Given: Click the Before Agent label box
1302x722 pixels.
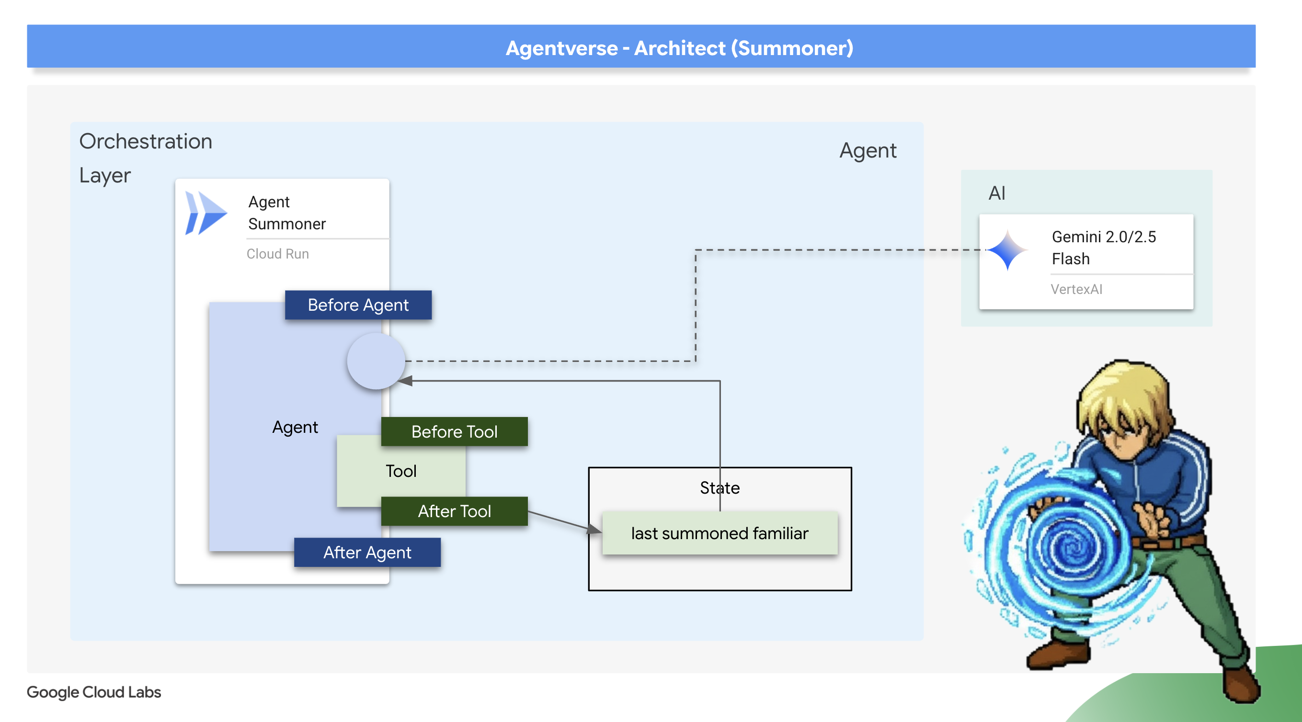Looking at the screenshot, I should (358, 305).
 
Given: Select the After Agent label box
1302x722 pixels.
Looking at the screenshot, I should (367, 552).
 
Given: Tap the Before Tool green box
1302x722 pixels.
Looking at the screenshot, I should (454, 431).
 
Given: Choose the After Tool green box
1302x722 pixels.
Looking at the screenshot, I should (454, 511).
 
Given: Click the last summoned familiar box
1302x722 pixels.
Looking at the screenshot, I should (719, 533).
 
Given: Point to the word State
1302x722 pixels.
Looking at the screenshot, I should (719, 487).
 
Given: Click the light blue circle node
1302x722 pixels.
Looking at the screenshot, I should (376, 361).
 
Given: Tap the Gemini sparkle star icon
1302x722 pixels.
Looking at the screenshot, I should (1007, 249).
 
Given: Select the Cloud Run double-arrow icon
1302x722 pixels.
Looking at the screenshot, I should (205, 213).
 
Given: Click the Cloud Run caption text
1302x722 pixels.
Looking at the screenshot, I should (277, 254).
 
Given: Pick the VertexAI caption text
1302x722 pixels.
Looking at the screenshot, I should (1076, 289).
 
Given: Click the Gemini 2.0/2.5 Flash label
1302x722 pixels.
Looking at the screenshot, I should (1103, 248).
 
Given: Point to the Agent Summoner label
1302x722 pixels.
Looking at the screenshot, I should (286, 213).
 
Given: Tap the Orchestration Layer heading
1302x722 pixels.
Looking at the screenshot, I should (146, 158).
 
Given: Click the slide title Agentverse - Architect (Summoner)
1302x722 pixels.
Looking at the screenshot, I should (679, 48).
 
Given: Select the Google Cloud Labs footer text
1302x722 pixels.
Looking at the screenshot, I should (93, 692).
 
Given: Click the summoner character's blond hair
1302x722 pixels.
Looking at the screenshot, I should (1125, 394).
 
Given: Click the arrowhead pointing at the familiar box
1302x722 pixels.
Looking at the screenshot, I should (595, 529).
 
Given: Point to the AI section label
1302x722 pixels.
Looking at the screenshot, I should (996, 193).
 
